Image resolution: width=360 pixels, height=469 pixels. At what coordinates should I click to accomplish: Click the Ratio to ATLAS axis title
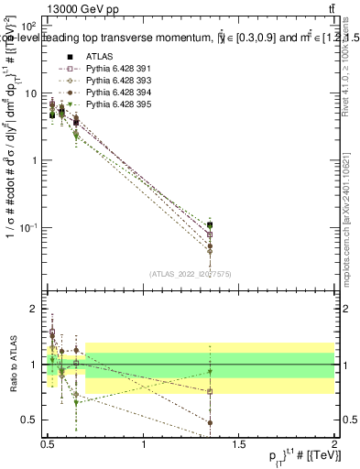tap(13, 365)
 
